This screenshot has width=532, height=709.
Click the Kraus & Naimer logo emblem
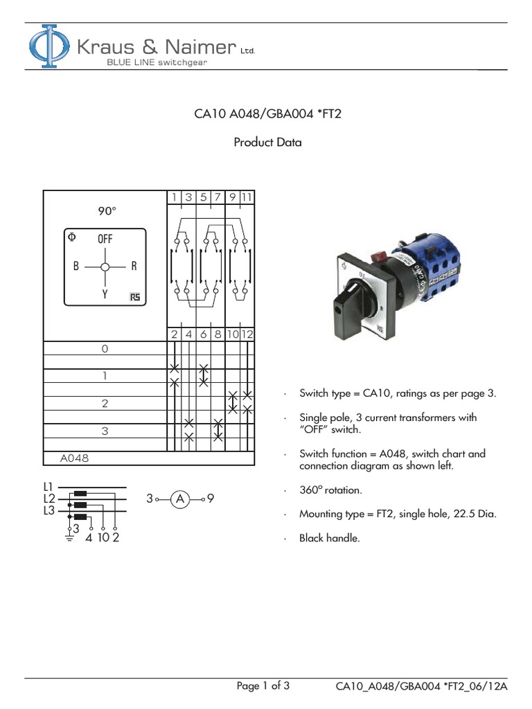click(48, 46)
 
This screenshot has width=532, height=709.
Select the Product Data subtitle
click(267, 143)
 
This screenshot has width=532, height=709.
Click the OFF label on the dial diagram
click(105, 238)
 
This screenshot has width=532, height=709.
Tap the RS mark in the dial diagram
click(134, 297)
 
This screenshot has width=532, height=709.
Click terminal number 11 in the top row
click(247, 197)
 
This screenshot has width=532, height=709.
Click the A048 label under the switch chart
click(74, 458)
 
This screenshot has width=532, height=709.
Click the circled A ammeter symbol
click(180, 499)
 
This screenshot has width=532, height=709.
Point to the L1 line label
click(49, 487)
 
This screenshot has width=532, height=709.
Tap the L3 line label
click(49, 510)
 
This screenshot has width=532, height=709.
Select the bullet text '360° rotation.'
click(332, 490)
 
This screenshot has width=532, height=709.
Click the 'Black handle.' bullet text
click(330, 537)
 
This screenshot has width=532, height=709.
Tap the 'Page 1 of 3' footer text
click(263, 686)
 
